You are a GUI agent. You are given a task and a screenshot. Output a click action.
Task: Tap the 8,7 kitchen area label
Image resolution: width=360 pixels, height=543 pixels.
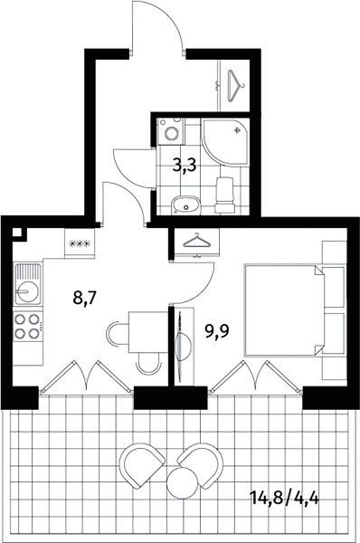click(84, 297)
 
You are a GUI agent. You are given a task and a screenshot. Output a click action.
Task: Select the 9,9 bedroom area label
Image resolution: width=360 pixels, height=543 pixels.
click(217, 332)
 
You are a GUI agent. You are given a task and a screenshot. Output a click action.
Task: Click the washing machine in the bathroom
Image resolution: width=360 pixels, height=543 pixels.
click(170, 131)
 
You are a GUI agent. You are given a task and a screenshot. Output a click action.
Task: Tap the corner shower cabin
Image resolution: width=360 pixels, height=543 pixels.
click(225, 143)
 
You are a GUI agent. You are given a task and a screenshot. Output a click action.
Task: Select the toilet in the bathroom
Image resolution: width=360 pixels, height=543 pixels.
click(225, 195)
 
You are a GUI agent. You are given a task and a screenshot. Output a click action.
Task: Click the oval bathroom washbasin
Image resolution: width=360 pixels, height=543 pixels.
click(186, 206)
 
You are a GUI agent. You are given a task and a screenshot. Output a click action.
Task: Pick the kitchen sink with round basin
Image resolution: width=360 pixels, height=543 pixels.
click(28, 283)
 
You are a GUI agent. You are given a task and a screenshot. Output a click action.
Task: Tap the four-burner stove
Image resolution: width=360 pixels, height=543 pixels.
click(28, 326)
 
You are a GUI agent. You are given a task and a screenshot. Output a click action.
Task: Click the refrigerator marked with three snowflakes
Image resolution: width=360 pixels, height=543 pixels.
click(80, 243)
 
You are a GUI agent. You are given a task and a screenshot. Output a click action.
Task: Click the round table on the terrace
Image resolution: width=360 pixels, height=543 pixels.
click(182, 483)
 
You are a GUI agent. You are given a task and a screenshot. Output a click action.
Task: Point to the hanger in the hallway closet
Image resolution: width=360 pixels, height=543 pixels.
click(236, 86)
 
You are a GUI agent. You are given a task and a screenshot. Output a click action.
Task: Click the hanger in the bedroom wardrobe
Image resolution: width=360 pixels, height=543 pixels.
click(196, 241)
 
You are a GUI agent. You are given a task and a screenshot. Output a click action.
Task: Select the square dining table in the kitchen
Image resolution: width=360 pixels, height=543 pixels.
click(148, 332)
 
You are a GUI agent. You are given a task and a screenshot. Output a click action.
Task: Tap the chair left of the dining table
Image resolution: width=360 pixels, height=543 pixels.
click(118, 333)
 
